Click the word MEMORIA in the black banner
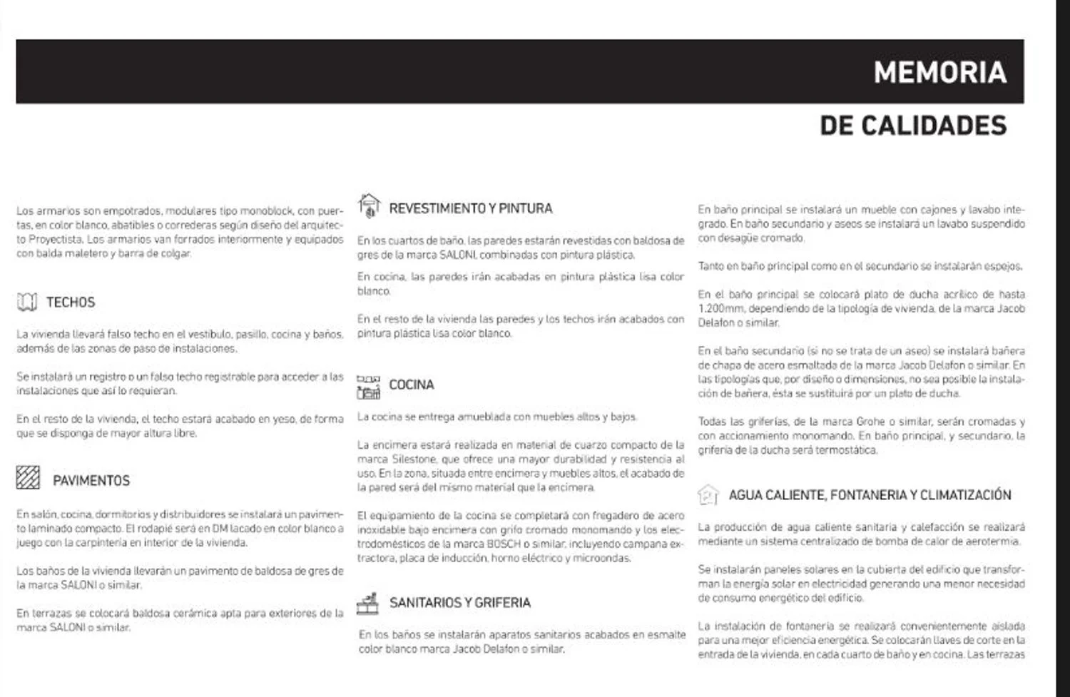pos(939,73)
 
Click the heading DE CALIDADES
pos(912,126)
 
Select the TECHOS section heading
pos(70,302)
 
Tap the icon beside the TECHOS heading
pos(26,302)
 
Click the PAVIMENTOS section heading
pos(91,481)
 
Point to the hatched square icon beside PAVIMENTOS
pos(28,477)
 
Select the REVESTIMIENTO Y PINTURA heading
pos(470,208)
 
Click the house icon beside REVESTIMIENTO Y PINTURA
pos(368,205)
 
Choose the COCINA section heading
pos(411,385)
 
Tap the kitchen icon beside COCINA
pos(368,387)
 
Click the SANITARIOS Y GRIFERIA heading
pos(459,603)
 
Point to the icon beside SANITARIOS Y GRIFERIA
pos(367,604)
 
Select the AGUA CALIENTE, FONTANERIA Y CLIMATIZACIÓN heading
pos(870,495)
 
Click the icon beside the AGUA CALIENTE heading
pos(707,494)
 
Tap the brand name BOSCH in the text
pos(503,544)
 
